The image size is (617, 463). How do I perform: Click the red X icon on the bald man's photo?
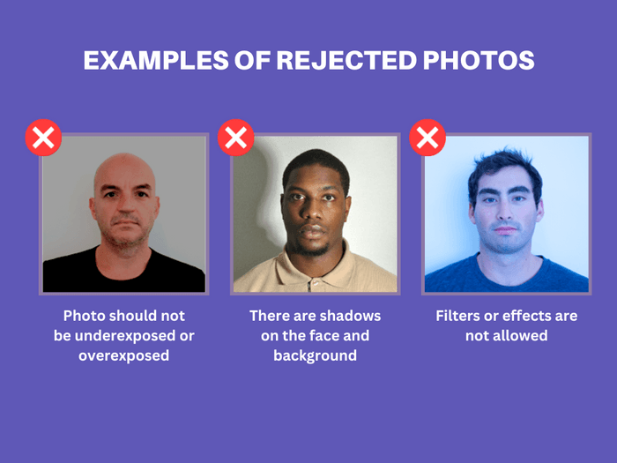pos(43,138)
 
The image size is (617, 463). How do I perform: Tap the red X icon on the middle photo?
pos(235,138)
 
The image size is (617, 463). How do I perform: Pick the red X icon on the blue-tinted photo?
pos(427,138)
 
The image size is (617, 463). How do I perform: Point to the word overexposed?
pos(123,356)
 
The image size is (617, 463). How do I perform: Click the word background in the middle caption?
pos(315,356)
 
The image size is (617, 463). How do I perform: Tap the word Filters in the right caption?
pos(458,316)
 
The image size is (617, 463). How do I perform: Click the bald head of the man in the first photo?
pos(124,167)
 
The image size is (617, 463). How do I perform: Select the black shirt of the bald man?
pos(88,273)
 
